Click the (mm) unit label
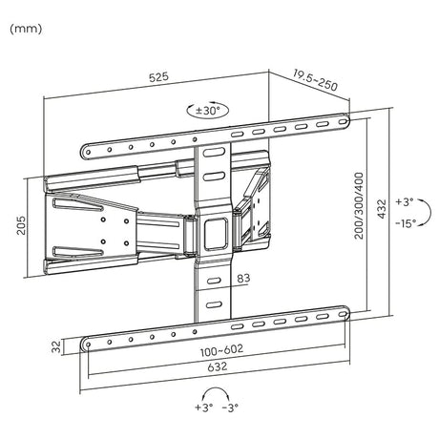coord(26,29)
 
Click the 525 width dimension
coord(158,77)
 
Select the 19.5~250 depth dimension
coord(315,80)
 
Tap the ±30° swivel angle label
coord(208,111)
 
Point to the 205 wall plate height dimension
coord(21,225)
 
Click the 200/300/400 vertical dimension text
coord(359,205)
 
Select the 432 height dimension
coord(382,208)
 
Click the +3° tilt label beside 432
coord(405,202)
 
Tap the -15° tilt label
coord(406,223)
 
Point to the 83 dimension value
coord(243,279)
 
